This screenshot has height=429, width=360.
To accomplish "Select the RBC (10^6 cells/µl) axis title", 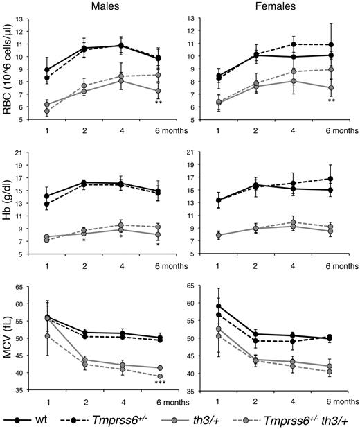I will (x=9, y=69).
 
